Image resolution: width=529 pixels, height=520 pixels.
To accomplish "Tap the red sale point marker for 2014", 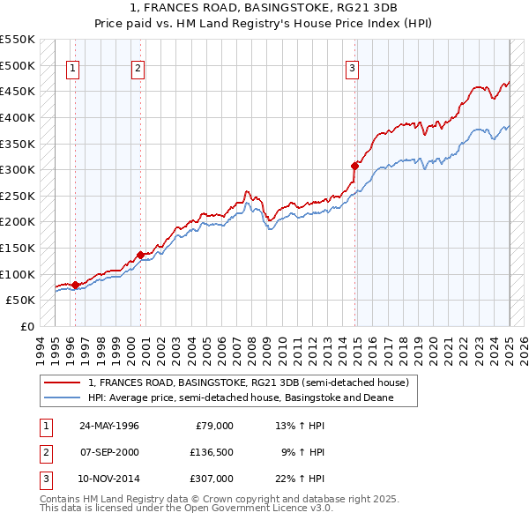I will [x=354, y=165].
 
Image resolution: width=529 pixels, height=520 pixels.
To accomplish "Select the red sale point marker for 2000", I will [x=139, y=255].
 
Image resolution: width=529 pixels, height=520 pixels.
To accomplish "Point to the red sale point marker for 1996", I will [x=75, y=285].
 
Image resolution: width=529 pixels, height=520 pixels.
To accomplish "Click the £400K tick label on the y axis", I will [x=18, y=117].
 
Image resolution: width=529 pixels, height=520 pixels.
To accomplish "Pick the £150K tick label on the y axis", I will [x=18, y=248].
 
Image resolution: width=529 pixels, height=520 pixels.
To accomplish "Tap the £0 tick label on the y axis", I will [x=27, y=326].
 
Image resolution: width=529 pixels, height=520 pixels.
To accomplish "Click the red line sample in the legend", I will [x=63, y=383].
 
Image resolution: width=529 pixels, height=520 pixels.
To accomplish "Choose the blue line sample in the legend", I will [x=63, y=397].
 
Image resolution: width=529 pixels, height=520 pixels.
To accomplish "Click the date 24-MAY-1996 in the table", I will [x=109, y=426].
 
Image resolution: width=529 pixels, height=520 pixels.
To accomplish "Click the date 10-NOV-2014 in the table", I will [x=109, y=479].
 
